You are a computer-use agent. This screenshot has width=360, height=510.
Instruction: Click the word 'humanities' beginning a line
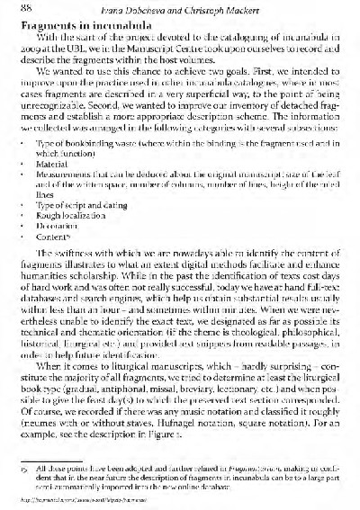[x=42, y=291]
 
